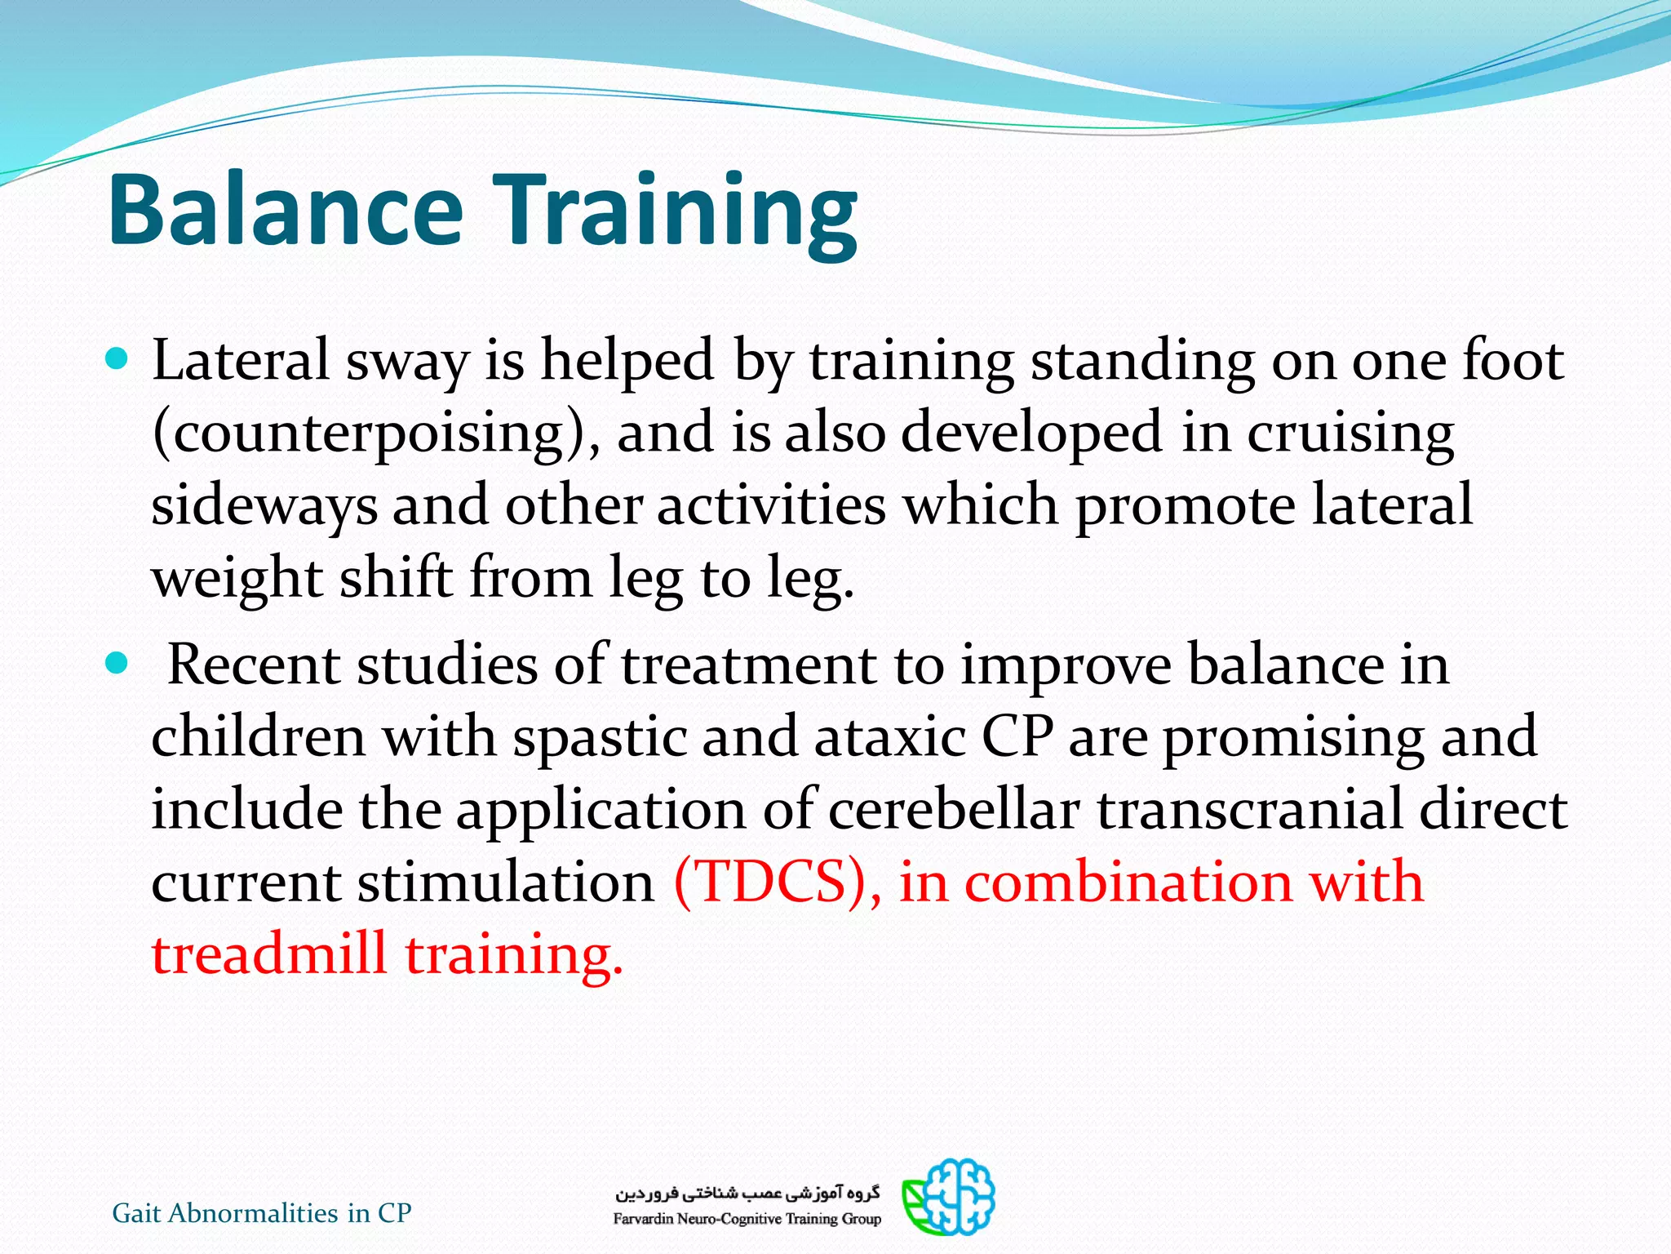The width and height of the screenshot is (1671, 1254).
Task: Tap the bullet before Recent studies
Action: click(118, 663)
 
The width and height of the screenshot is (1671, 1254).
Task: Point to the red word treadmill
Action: click(269, 954)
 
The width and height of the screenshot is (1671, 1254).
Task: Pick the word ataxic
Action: click(890, 736)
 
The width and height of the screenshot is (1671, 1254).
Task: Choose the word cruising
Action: click(1350, 433)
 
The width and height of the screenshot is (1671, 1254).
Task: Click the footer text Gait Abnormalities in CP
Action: click(262, 1213)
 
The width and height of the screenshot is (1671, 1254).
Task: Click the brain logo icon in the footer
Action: click(950, 1197)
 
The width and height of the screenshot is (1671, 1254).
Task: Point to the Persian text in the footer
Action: click(747, 1194)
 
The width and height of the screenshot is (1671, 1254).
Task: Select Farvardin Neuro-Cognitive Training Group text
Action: click(747, 1219)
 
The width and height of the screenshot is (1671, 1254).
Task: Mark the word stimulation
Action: click(506, 882)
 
